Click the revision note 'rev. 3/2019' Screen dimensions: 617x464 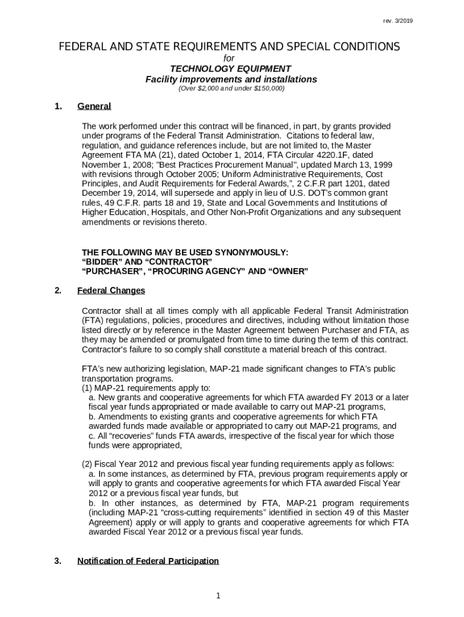pyautogui.click(x=398, y=21)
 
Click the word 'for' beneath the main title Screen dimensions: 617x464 pyautogui.click(x=229, y=58)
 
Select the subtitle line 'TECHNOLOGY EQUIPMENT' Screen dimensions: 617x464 pyautogui.click(x=231, y=69)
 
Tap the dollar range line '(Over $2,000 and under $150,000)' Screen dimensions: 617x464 pyautogui.click(x=231, y=89)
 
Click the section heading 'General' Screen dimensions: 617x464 pyautogui.click(x=94, y=107)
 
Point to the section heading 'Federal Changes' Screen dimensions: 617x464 pyautogui.click(x=111, y=290)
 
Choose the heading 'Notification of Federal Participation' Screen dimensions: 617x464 pyautogui.click(x=148, y=561)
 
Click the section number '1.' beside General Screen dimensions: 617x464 pyautogui.click(x=58, y=107)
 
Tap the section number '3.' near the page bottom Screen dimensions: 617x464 pyautogui.click(x=58, y=561)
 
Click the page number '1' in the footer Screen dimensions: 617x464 pyautogui.click(x=219, y=596)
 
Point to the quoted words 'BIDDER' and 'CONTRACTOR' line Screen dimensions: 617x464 pyautogui.click(x=146, y=262)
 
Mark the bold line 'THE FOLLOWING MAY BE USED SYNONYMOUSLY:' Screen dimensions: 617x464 pyautogui.click(x=185, y=252)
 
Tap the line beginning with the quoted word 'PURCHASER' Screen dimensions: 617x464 pyautogui.click(x=195, y=271)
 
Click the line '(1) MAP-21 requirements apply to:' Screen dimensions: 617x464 pyautogui.click(x=146, y=388)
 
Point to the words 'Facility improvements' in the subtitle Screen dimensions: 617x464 pyautogui.click(x=189, y=79)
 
